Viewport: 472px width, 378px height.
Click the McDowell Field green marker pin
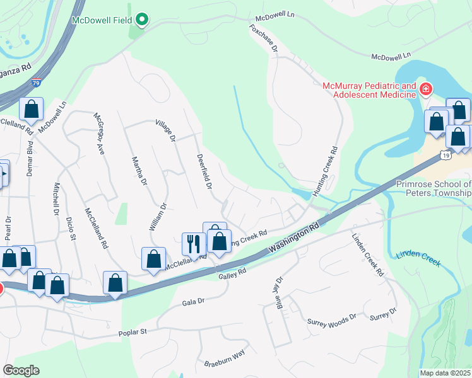click(x=142, y=20)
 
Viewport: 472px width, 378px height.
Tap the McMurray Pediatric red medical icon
click(x=426, y=89)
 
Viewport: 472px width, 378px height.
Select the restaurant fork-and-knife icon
click(x=192, y=243)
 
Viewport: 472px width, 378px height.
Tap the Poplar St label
click(x=133, y=331)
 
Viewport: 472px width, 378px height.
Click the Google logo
click(x=20, y=370)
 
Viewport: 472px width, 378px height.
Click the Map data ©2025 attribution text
click(x=445, y=373)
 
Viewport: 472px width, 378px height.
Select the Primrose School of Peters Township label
click(x=434, y=188)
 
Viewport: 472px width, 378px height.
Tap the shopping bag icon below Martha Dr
click(x=153, y=258)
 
